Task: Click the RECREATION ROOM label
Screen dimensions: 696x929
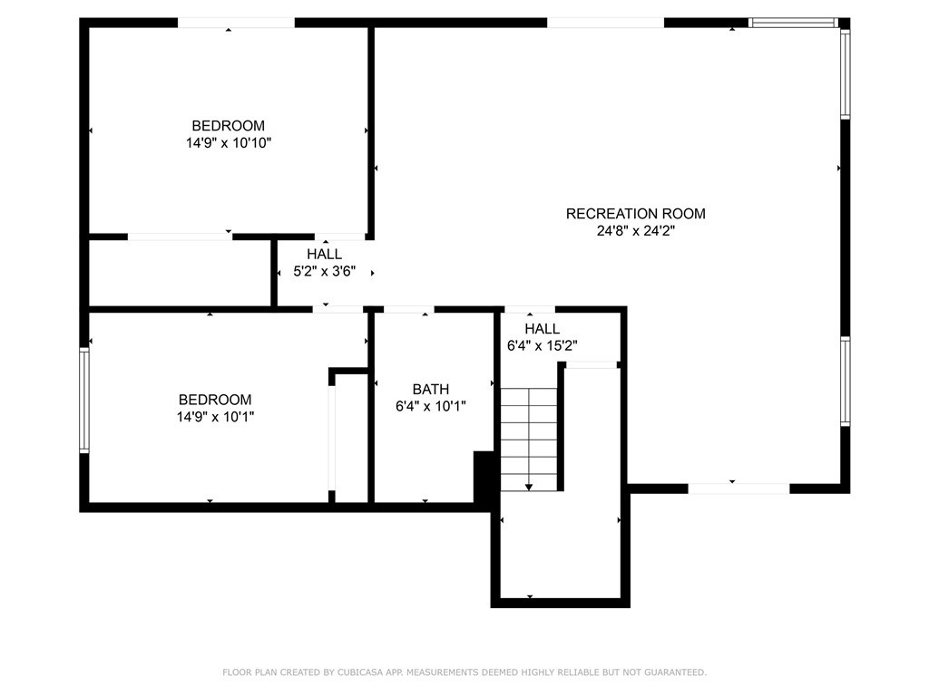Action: [x=635, y=214]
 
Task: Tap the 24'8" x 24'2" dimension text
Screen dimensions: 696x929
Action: [x=635, y=231]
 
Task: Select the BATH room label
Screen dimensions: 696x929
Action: [x=430, y=390]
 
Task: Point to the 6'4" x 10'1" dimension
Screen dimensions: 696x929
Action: [x=430, y=407]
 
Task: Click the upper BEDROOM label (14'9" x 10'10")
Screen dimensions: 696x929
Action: [x=228, y=126]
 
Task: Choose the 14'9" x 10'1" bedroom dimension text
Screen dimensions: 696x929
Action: [x=215, y=417]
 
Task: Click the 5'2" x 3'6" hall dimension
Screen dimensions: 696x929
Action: [x=324, y=271]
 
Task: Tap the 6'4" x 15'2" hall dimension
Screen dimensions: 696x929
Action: [x=542, y=345]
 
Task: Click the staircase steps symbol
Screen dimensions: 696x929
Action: [x=528, y=435]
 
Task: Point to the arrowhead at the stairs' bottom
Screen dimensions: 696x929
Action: [x=529, y=488]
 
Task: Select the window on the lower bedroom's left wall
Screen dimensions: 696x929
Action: [x=84, y=401]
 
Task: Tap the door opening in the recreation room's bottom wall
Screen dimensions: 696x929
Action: [x=738, y=488]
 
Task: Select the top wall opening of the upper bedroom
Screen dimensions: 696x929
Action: [x=235, y=23]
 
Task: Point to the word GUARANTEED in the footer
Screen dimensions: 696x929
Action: [x=673, y=672]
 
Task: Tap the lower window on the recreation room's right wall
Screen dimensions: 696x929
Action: [x=845, y=382]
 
